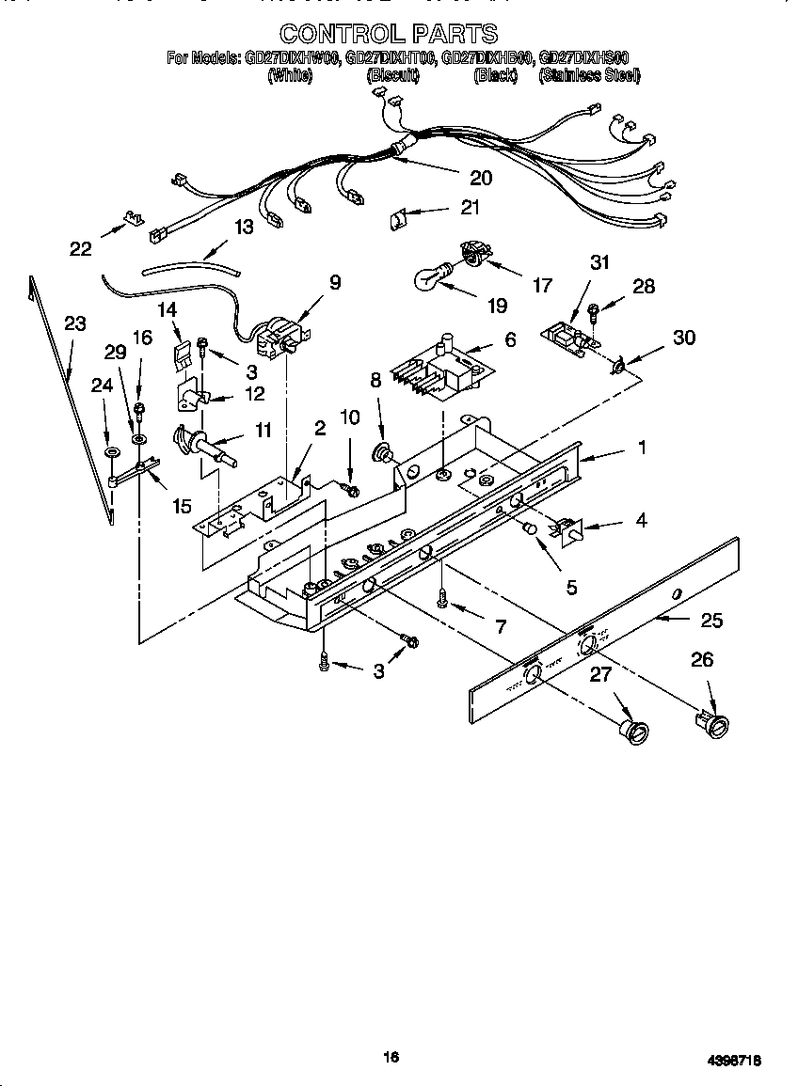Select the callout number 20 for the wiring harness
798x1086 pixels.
[480, 177]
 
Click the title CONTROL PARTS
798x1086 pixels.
[388, 34]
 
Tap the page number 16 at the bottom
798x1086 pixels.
[391, 1057]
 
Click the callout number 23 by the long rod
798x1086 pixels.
[75, 323]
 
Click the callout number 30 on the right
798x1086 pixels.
[684, 337]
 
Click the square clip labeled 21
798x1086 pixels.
[398, 219]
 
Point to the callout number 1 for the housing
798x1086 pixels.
[642, 449]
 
